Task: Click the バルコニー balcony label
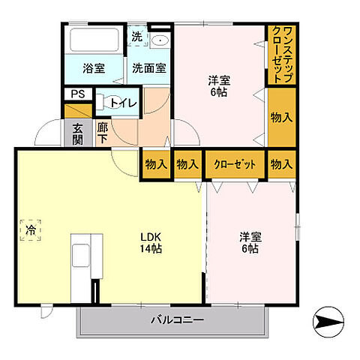point(178,320)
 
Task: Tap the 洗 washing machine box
point(136,37)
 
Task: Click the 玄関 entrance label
point(78,133)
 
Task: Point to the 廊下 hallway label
point(103,133)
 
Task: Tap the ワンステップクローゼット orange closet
point(280,54)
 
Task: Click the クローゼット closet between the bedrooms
point(234,163)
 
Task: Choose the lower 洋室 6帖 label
point(250,242)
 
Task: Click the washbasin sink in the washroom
point(160,41)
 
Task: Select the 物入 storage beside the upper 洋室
point(280,116)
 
